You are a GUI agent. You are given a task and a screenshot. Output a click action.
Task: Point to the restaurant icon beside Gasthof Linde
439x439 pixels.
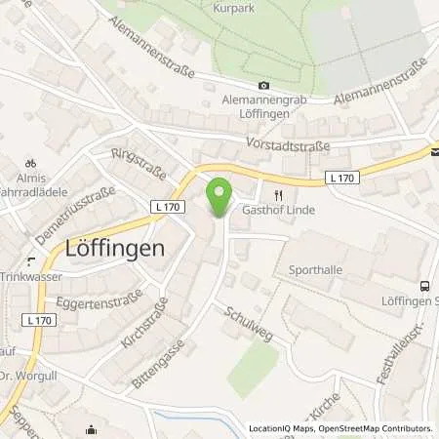tap(280, 194)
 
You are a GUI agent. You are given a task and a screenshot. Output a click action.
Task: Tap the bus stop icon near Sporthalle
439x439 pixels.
tap(424, 287)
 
